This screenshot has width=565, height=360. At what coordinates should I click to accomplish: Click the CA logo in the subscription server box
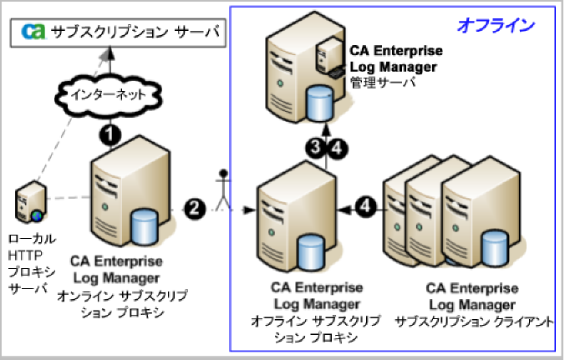pyautogui.click(x=33, y=33)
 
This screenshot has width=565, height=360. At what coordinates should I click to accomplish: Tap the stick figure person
pyautogui.click(x=222, y=190)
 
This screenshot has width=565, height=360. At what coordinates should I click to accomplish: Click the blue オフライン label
pyautogui.click(x=495, y=25)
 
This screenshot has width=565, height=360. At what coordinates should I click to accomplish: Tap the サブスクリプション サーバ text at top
pyautogui.click(x=135, y=33)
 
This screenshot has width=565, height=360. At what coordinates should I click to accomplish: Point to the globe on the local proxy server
pyautogui.click(x=37, y=215)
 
